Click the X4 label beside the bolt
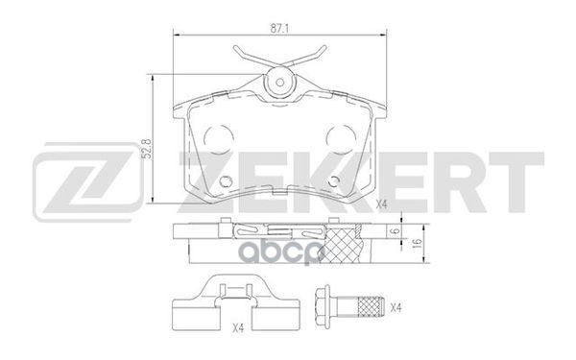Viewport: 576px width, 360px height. pos(396,307)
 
